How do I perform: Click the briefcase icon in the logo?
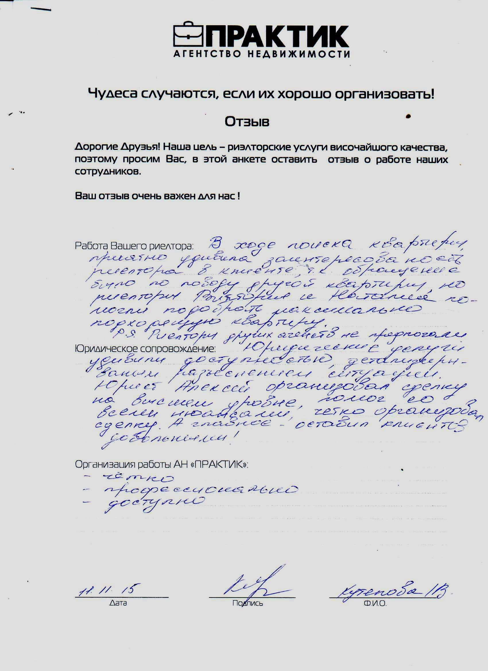(x=188, y=35)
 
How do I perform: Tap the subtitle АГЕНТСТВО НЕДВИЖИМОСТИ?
(x=262, y=54)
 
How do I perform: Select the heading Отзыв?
(x=247, y=122)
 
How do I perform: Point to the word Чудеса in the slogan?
(x=113, y=94)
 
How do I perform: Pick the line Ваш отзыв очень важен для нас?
(x=157, y=196)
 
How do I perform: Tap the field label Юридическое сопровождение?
(x=145, y=349)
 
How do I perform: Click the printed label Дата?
(x=118, y=603)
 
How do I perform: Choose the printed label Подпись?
(x=247, y=603)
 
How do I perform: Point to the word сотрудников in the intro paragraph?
(x=107, y=172)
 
